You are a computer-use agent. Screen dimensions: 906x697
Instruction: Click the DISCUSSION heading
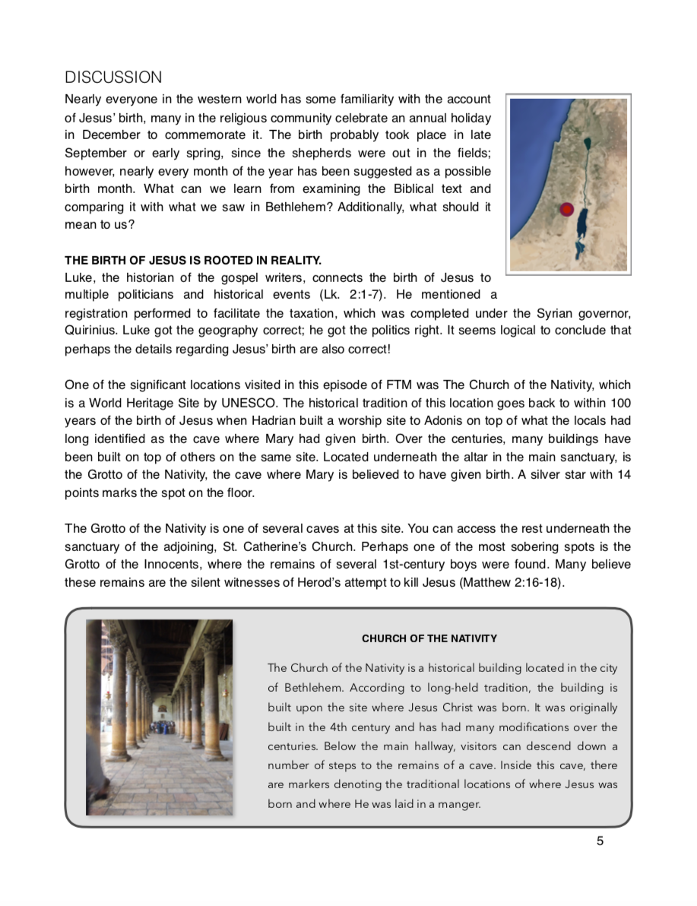[113, 78]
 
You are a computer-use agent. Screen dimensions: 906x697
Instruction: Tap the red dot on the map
[566, 209]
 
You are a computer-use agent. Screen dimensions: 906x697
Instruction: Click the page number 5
[600, 841]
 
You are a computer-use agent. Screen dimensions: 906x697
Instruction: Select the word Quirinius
[90, 331]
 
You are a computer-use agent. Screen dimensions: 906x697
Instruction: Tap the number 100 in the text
[620, 403]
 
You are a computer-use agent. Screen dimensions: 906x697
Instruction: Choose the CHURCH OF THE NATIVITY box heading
[429, 638]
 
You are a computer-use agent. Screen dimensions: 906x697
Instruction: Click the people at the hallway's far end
[163, 727]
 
